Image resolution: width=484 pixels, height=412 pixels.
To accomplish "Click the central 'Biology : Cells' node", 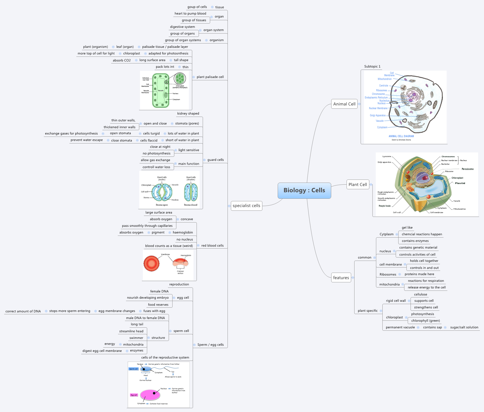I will (304, 191).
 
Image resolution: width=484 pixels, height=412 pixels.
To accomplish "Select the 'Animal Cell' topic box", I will (344, 104).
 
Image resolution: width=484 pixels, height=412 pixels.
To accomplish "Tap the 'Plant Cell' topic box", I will (358, 185).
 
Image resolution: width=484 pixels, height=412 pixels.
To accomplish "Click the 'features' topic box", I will (341, 278).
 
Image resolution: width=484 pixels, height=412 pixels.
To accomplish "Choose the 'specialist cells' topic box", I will (246, 206).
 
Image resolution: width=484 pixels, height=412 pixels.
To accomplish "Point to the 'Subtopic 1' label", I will (372, 66).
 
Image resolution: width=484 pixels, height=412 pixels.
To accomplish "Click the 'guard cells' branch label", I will (215, 160).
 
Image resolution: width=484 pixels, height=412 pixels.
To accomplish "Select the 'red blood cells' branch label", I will (212, 246).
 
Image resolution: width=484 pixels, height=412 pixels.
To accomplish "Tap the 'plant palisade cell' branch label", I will (210, 77).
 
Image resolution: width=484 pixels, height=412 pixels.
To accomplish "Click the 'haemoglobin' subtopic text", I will (183, 232).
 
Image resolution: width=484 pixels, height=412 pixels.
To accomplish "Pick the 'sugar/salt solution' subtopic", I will (464, 327).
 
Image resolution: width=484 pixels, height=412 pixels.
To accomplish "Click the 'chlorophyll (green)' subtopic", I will (425, 321).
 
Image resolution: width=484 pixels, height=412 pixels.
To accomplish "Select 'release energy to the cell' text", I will (426, 287).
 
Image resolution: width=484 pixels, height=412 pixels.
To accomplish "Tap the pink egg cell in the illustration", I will (150, 395).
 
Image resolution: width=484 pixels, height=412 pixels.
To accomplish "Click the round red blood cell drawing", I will (151, 263).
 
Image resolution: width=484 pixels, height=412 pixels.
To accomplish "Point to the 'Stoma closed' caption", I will (190, 205).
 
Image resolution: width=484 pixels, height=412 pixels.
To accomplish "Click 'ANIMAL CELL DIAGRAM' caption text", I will (401, 136).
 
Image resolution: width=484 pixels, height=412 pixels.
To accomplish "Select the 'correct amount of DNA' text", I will (23, 311).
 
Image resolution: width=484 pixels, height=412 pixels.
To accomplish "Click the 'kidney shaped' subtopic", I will (188, 114).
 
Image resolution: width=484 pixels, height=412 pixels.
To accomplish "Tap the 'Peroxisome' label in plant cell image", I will (467, 169).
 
